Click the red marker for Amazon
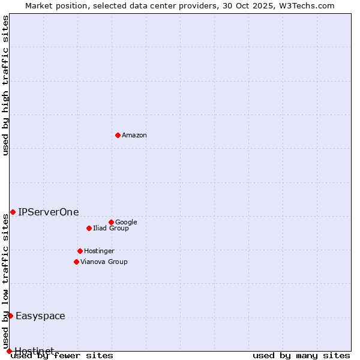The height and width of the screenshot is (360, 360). [118, 135]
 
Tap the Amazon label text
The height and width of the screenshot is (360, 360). [134, 136]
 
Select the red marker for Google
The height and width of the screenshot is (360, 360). [111, 222]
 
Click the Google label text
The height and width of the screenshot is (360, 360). [126, 223]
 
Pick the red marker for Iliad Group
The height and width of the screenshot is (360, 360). [89, 228]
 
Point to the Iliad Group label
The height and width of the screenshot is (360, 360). [111, 229]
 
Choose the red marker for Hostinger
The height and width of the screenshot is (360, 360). [80, 251]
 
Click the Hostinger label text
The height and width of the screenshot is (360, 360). [99, 251]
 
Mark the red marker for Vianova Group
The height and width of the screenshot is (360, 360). [76, 262]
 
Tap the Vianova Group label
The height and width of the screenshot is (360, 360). [104, 262]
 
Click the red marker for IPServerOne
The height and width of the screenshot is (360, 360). [13, 212]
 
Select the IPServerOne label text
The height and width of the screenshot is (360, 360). [48, 212]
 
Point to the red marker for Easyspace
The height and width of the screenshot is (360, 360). [10, 316]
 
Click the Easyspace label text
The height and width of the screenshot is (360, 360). [40, 316]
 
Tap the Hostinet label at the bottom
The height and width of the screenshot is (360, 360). [34, 350]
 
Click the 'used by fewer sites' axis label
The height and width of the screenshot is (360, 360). [62, 356]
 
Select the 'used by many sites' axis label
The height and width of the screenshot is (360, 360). [301, 356]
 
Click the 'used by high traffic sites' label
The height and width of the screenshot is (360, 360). [6, 85]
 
